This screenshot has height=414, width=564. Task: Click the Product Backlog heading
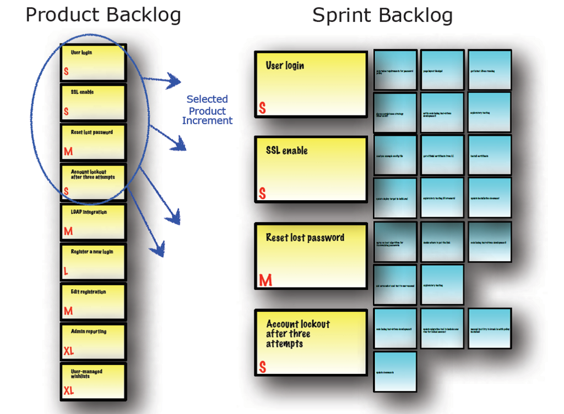click(x=103, y=15)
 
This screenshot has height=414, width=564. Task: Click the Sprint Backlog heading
click(x=382, y=15)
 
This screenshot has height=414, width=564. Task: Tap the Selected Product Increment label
click(x=207, y=110)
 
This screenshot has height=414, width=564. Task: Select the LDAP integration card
click(x=94, y=222)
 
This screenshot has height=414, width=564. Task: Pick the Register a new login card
click(x=94, y=262)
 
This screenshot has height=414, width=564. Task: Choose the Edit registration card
click(x=94, y=301)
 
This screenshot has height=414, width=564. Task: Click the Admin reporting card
click(x=94, y=341)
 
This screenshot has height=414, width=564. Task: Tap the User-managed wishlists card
click(x=94, y=381)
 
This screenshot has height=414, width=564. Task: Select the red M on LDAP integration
click(x=68, y=231)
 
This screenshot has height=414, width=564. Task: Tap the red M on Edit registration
click(x=68, y=311)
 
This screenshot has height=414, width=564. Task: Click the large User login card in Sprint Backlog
click(x=311, y=84)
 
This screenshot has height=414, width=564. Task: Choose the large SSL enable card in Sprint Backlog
click(x=311, y=169)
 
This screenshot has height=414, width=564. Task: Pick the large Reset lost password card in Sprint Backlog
click(x=311, y=256)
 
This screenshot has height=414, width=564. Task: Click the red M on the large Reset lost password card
click(x=265, y=281)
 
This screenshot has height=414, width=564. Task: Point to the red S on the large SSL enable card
click(x=262, y=194)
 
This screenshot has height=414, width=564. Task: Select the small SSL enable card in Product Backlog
click(x=94, y=102)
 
